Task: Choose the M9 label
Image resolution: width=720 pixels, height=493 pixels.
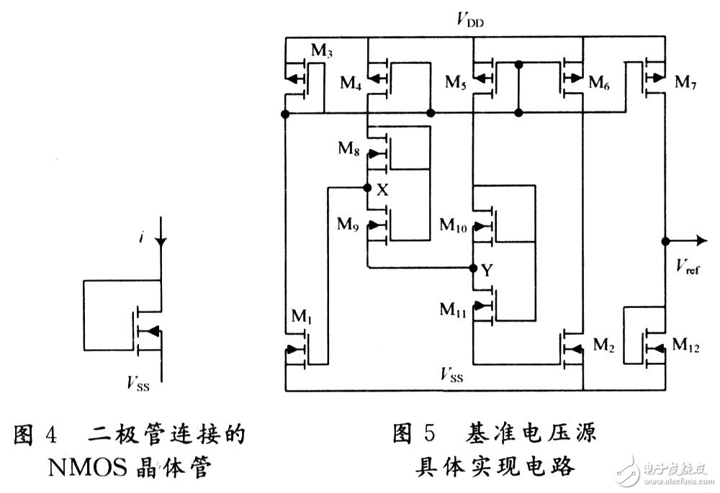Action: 350,223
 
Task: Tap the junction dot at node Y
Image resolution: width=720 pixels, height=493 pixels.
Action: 473,268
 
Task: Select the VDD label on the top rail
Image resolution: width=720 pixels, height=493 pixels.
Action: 469,20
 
